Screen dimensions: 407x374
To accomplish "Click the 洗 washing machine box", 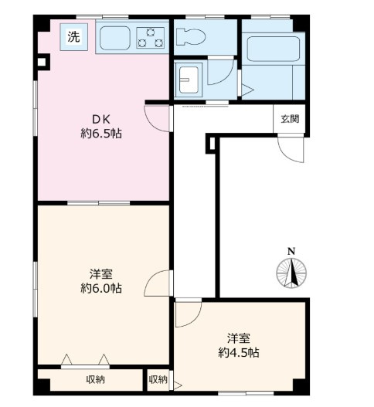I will click(x=73, y=36).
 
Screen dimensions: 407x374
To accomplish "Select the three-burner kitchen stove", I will click(x=151, y=36).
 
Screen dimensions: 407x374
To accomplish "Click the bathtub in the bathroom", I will click(x=270, y=52).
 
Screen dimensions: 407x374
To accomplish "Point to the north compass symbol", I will click(x=291, y=271).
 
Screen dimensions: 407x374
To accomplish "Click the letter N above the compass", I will click(x=291, y=251).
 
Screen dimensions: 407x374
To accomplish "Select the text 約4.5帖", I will click(x=240, y=353).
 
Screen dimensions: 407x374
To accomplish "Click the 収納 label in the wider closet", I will click(x=95, y=379).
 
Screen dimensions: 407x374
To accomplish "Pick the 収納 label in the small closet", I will click(x=158, y=379).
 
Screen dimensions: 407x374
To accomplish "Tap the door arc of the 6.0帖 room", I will click(x=158, y=283).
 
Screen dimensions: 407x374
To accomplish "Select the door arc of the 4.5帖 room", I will click(x=186, y=314).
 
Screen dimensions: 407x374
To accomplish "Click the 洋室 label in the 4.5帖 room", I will click(x=240, y=338).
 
